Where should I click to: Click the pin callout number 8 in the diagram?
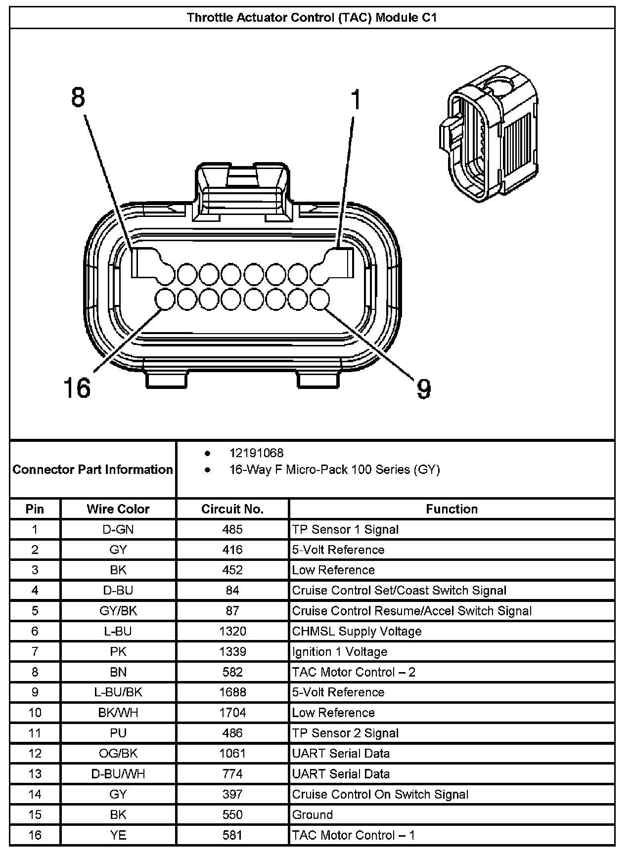tap(78, 98)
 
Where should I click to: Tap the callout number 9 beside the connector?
tap(424, 389)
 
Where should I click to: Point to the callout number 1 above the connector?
tap(356, 100)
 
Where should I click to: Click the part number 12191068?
tap(256, 453)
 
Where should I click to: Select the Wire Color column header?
tap(118, 509)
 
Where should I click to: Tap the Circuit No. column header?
tap(232, 509)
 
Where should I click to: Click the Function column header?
tap(452, 509)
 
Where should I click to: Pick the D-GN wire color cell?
tap(118, 530)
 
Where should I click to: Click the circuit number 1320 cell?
tap(232, 631)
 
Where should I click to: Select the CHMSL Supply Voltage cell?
tap(357, 631)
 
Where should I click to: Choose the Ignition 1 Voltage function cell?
tap(339, 652)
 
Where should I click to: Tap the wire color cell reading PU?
tap(118, 733)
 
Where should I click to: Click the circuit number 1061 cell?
tap(232, 753)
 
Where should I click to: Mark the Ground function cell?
tap(312, 814)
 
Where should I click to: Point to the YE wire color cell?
tap(118, 835)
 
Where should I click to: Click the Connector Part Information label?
tap(93, 469)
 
